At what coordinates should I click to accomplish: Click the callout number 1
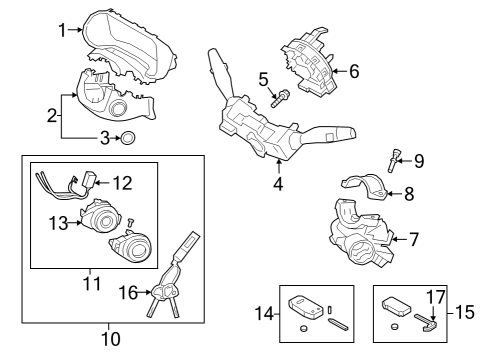[x=63, y=30]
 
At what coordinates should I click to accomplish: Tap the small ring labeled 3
[x=128, y=138]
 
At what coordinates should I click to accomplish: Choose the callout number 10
[x=111, y=338]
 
